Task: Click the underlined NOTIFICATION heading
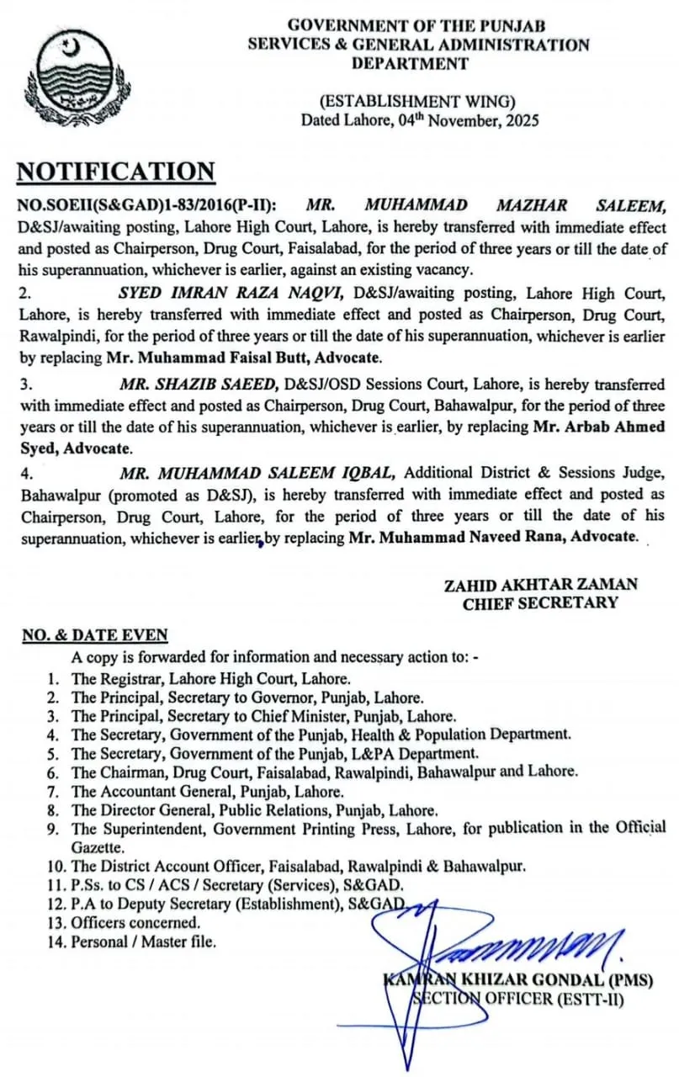116,172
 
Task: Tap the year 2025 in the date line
520,119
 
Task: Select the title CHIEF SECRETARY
540,602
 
